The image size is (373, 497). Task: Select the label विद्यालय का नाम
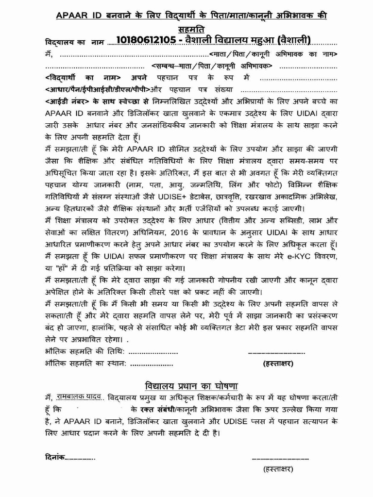73,42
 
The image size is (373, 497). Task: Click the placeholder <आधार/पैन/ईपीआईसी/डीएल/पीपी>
97,90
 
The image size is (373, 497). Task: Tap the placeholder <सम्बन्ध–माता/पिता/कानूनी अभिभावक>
212,66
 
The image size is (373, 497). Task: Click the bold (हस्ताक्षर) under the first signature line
278,363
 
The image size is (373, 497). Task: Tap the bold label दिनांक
51,457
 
